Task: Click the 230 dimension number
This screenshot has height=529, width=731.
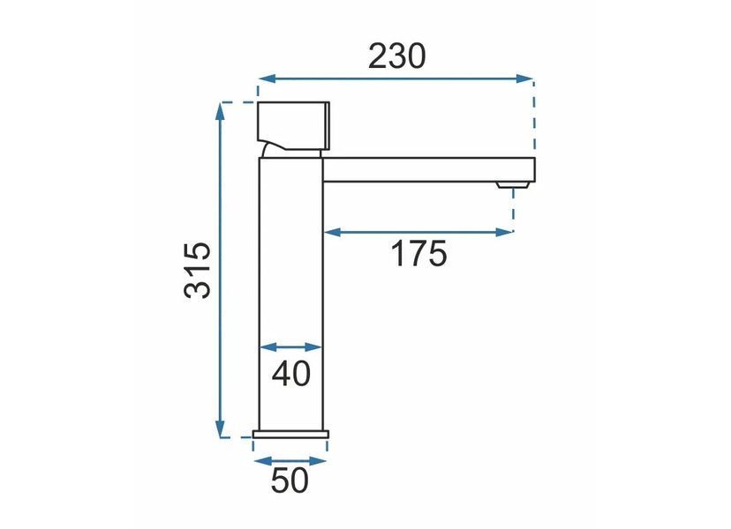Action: click(396, 56)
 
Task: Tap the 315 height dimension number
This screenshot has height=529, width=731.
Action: click(197, 270)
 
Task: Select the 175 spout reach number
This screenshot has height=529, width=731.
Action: click(418, 254)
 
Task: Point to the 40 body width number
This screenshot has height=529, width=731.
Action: click(291, 374)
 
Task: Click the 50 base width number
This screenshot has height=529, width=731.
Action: click(290, 481)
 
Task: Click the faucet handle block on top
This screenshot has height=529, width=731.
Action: click(294, 126)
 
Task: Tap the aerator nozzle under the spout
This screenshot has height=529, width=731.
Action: click(513, 185)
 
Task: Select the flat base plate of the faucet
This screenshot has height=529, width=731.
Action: click(290, 435)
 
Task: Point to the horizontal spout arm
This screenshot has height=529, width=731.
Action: click(429, 170)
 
